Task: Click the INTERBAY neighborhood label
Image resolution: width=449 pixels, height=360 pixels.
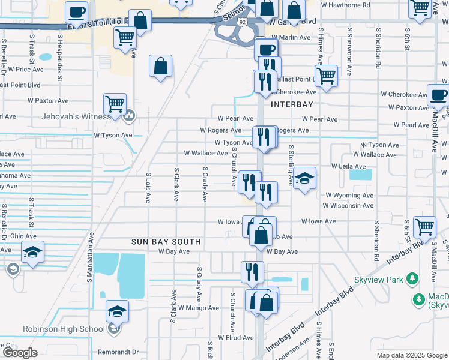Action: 292,104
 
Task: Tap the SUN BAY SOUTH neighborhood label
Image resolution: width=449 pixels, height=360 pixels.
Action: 166,242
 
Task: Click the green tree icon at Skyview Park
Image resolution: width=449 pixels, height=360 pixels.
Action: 412,279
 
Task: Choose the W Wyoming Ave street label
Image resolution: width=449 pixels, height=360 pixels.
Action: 349,196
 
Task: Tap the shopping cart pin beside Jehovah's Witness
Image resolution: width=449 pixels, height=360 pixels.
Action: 115,103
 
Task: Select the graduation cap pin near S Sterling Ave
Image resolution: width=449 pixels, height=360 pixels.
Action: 305,178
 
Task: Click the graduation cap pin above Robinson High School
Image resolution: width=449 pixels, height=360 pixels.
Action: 117,311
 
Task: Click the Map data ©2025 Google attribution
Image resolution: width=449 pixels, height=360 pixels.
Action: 412,355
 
